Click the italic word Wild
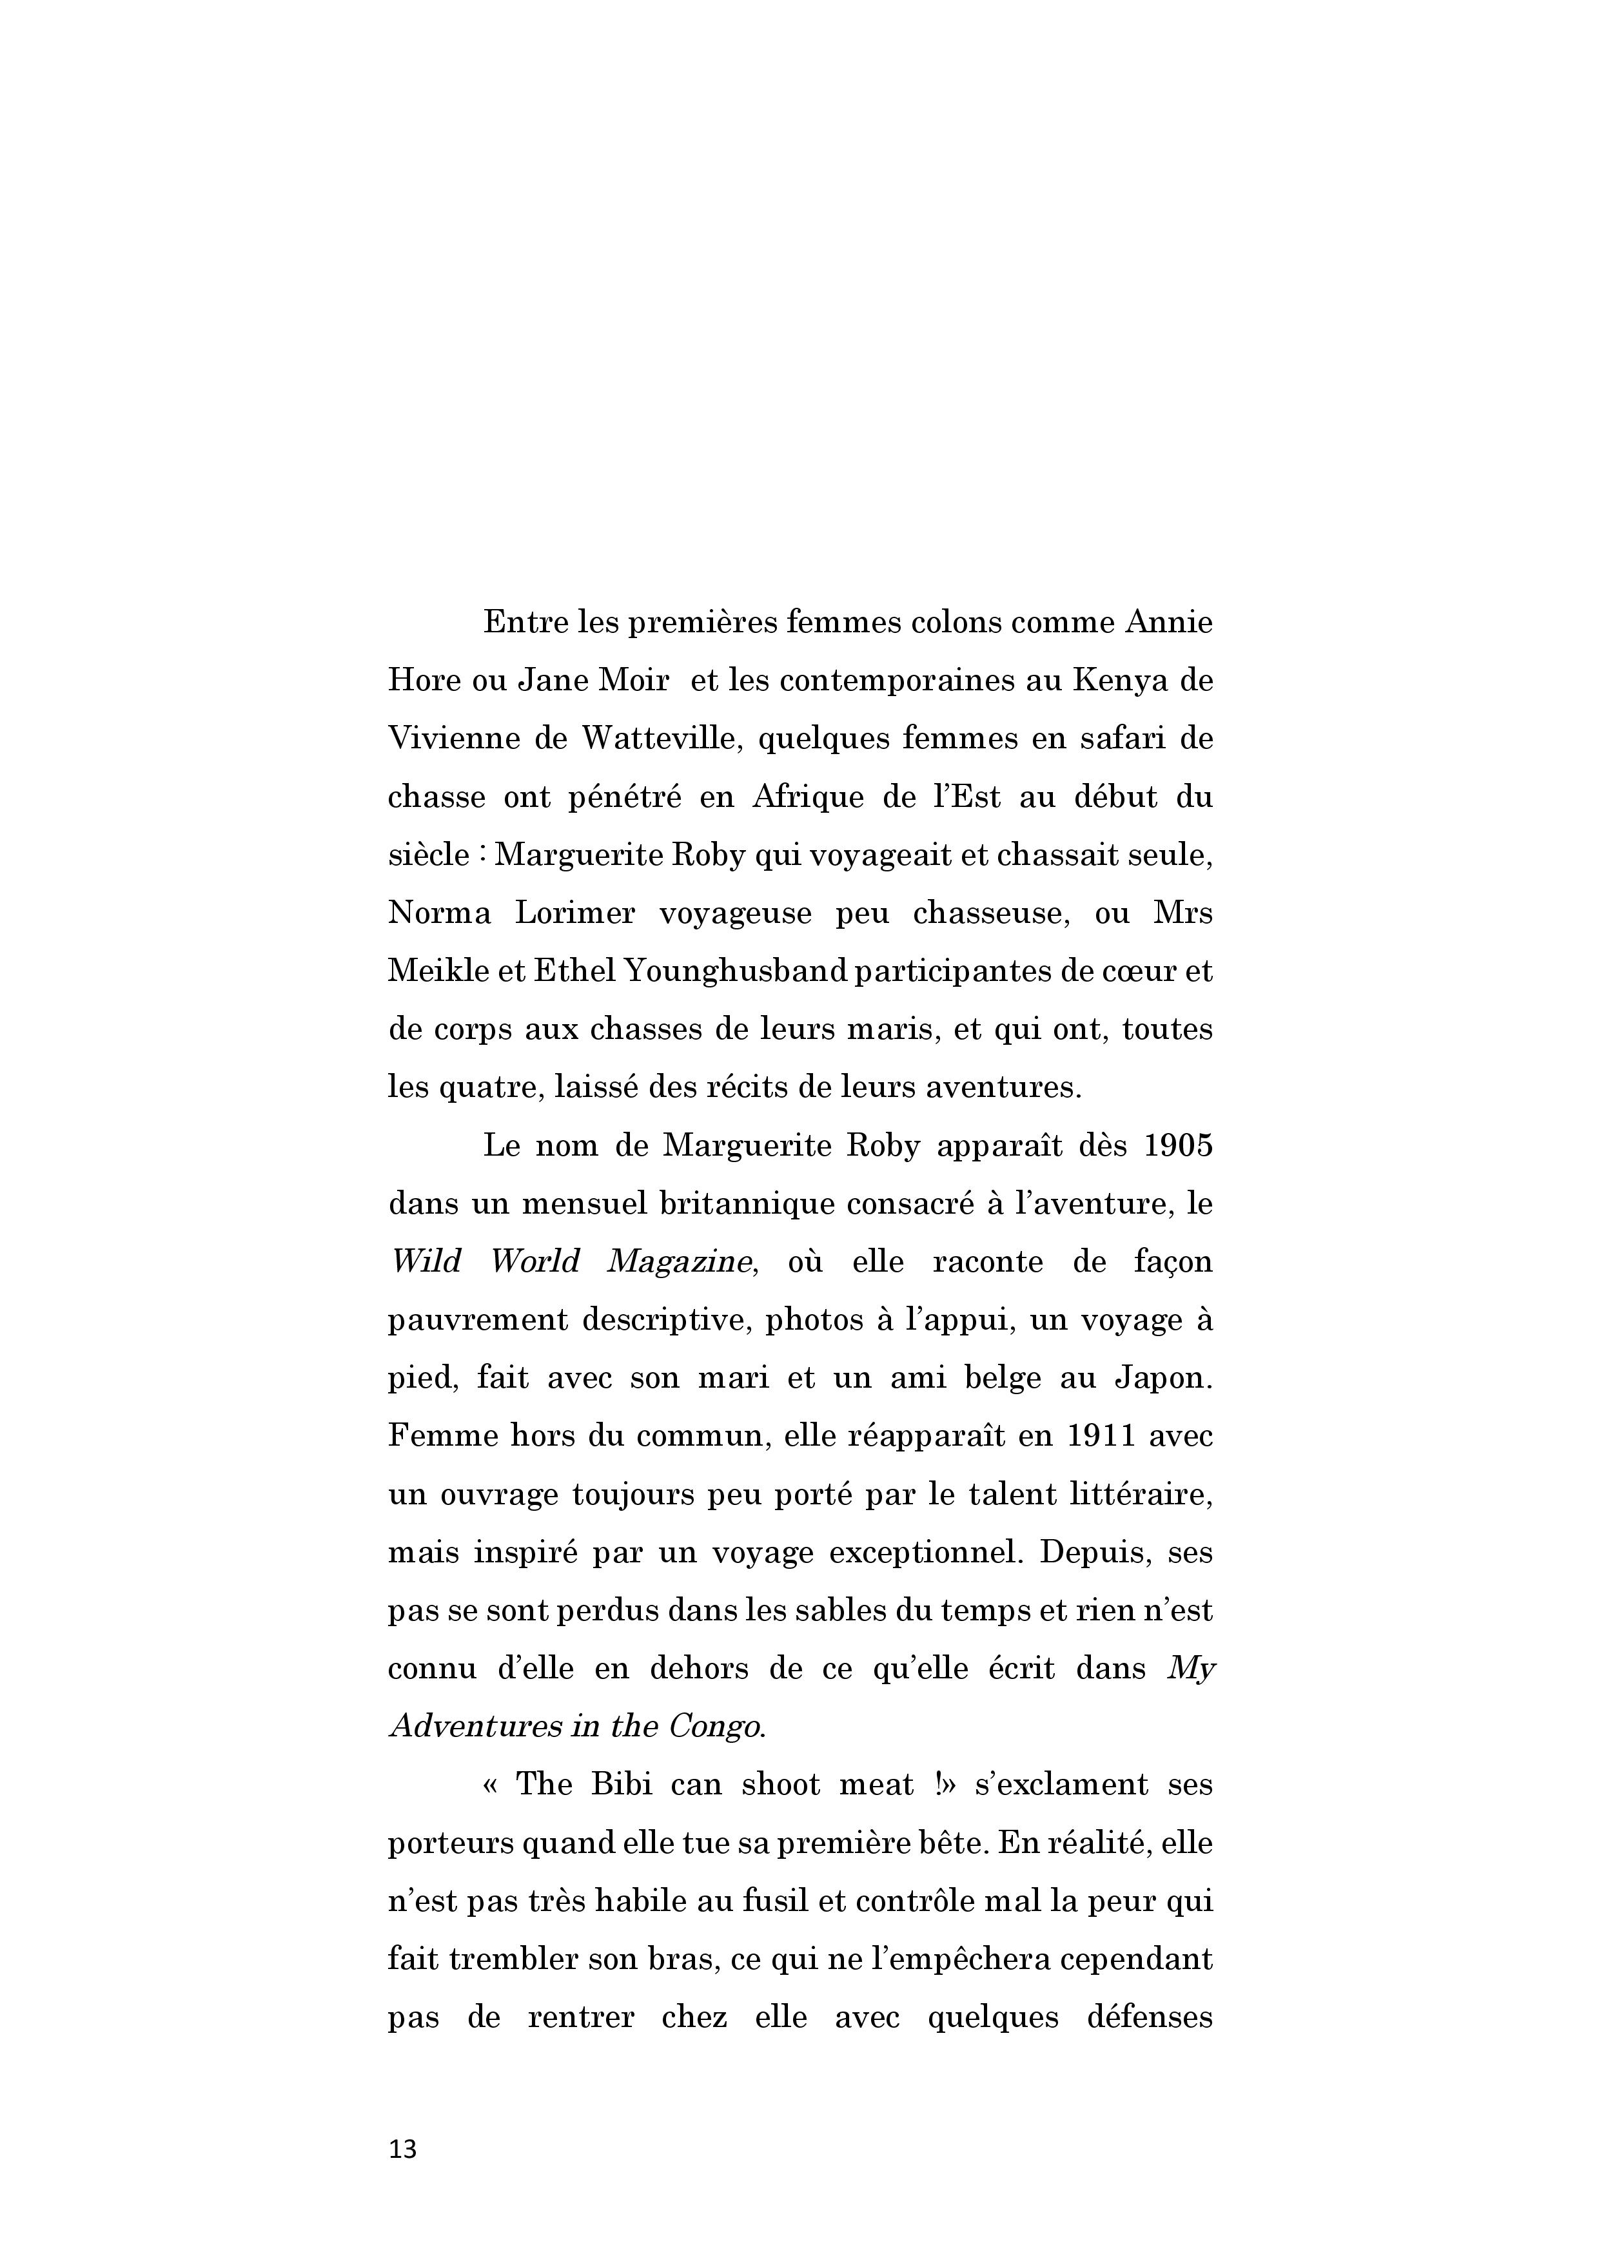(x=426, y=1263)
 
